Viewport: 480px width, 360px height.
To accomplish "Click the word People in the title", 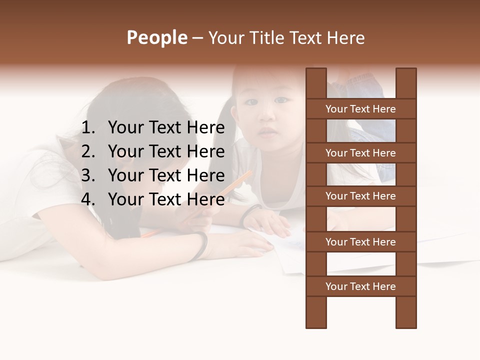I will coord(156,38).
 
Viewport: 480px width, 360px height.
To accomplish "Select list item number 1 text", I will coord(166,128).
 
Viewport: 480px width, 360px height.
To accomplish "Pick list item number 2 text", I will coord(166,151).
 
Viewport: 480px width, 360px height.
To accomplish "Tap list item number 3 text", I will coord(166,175).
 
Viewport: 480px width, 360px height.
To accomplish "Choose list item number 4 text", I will coord(166,199).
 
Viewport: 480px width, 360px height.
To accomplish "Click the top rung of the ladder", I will coord(360,109).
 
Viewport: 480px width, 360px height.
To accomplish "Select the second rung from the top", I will coord(360,153).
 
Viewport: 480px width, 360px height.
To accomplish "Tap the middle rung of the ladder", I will coord(360,196).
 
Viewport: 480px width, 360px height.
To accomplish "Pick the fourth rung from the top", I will coord(360,242).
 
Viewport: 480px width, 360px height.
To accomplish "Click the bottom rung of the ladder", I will coord(360,286).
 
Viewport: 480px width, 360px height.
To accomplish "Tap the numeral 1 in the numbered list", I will coord(87,128).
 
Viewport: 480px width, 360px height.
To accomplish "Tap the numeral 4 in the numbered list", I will coord(87,199).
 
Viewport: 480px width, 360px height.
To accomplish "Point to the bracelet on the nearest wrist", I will coord(201,246).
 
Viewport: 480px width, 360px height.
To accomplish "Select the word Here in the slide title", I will coord(345,38).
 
